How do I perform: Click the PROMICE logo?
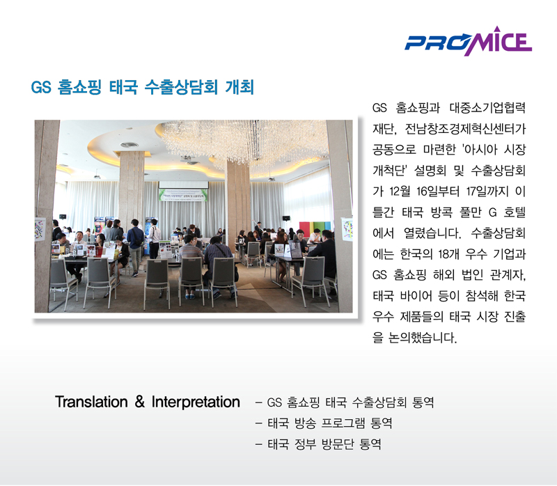468,41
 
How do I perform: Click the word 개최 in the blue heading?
240,87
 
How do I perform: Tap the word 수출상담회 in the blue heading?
181,87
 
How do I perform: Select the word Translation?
91,402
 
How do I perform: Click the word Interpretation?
196,402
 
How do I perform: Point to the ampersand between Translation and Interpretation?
140,402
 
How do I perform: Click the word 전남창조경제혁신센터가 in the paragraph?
465,129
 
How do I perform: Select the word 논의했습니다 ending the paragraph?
422,338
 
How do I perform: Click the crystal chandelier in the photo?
245,142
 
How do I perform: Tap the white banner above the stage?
183,195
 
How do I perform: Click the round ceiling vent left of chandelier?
130,145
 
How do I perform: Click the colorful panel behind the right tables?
315,228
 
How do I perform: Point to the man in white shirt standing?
154,238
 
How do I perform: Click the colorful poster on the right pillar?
347,229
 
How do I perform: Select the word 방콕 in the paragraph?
441,212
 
